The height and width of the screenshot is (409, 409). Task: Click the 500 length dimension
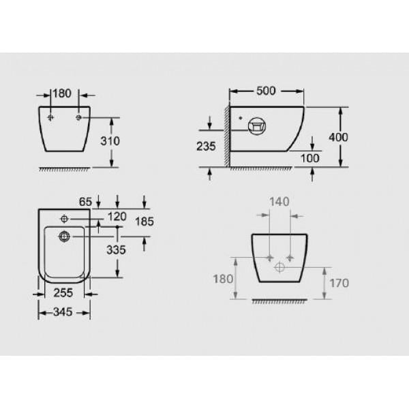point(266,91)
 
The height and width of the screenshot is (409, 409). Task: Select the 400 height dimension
point(338,137)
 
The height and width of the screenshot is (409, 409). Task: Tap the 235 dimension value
point(206,147)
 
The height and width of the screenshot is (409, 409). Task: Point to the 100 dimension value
point(310,158)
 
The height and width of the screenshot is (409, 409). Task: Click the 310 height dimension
point(110,141)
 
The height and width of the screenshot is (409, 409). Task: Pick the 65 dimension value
point(86,202)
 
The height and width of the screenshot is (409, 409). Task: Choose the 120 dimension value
point(117,217)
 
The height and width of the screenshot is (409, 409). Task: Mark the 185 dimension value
point(145,222)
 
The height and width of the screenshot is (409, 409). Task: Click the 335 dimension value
point(116,250)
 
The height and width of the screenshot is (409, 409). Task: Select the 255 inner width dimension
point(63,292)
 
